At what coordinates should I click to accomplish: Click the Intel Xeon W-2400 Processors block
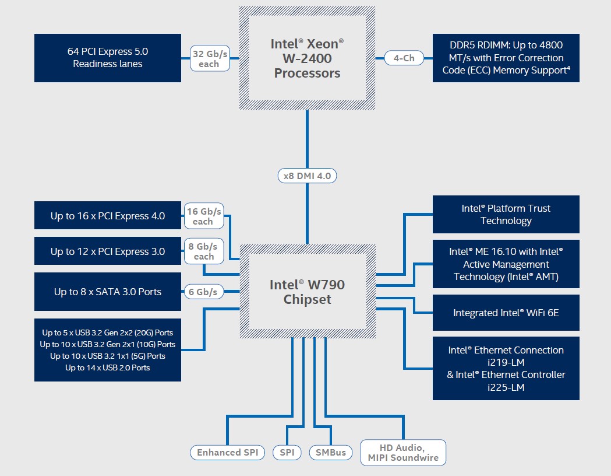pos(307,58)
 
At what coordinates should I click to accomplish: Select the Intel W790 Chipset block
pos(307,292)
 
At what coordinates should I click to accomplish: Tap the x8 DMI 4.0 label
pos(307,176)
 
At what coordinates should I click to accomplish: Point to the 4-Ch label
pos(404,58)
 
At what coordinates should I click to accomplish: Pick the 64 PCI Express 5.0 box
pos(108,58)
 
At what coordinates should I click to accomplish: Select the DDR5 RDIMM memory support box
pos(506,58)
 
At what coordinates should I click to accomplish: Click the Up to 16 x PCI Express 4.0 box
pos(108,216)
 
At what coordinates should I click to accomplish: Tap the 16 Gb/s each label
pos(203,216)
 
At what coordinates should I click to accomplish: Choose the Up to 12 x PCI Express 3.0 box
pos(108,251)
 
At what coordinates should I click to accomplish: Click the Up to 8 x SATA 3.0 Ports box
pos(108,292)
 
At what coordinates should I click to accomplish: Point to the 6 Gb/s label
pos(203,292)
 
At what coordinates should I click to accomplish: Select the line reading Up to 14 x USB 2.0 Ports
pos(108,367)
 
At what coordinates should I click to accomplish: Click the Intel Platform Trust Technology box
pos(506,214)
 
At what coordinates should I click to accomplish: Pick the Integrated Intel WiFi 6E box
pos(506,313)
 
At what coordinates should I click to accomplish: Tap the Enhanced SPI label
pos(227,452)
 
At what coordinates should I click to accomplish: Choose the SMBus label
pos(331,452)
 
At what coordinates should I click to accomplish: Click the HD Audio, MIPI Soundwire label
pos(403,453)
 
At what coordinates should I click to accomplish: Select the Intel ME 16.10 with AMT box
pos(506,264)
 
